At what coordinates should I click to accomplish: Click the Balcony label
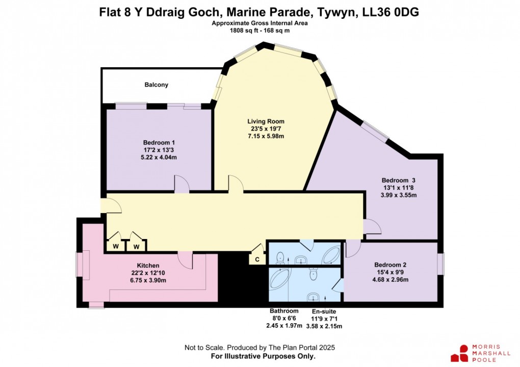point(155,85)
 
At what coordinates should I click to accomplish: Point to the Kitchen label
point(148,266)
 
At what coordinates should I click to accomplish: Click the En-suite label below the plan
point(324,311)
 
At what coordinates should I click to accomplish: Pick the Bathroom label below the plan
point(284,311)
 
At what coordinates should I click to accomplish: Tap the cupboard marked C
point(257,259)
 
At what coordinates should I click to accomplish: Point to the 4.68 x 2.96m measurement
point(390,280)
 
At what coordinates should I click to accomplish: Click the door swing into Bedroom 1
point(181,184)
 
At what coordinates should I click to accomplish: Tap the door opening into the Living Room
point(236,184)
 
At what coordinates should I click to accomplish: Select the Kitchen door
point(186,260)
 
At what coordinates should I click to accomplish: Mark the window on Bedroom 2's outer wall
point(441,265)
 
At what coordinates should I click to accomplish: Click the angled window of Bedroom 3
point(375,133)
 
